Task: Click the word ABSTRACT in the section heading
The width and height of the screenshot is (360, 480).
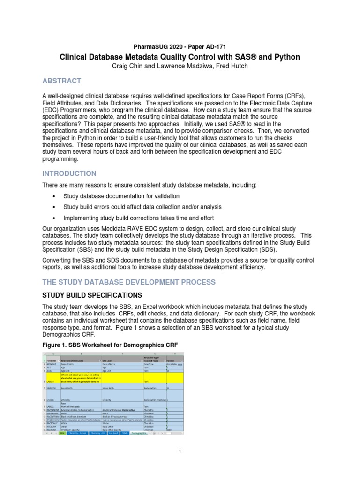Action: pos(61,81)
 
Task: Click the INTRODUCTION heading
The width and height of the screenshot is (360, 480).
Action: pos(69,173)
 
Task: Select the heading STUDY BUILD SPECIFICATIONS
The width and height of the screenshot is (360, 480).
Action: pos(92,295)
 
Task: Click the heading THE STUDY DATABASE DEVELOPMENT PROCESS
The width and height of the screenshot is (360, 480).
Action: pos(129,282)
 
